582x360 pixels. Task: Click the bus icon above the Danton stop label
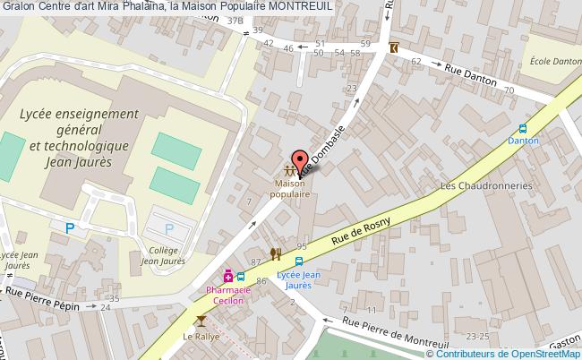(x=524, y=128)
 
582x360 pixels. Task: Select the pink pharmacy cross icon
(x=227, y=276)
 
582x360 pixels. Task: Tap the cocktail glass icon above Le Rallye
(x=201, y=320)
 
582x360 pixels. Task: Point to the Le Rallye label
(x=200, y=337)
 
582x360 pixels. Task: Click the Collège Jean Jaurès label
(x=162, y=257)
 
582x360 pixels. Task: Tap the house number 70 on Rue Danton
(x=509, y=90)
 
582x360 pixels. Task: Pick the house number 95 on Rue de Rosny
(x=302, y=245)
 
